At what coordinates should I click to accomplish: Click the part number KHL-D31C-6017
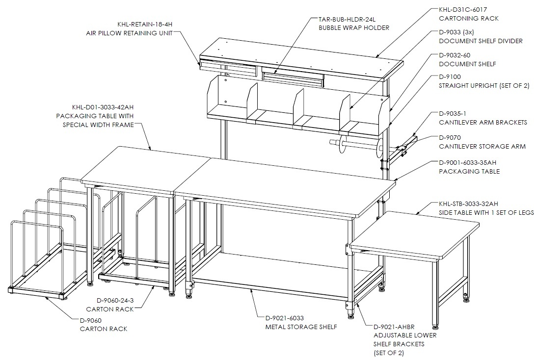tap(463, 10)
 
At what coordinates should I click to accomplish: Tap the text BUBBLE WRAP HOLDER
tap(354, 28)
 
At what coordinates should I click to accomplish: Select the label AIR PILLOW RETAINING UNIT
tap(129, 33)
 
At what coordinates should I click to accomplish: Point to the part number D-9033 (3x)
tap(456, 32)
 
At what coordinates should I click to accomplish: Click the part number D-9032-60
tap(455, 55)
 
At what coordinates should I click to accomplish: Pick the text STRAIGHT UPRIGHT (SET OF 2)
tap(484, 85)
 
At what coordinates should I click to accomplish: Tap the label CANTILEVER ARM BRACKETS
tap(483, 122)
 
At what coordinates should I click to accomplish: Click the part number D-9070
tap(450, 137)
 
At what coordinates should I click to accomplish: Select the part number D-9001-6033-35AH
tap(467, 162)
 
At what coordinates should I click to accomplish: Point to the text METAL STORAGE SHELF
tap(301, 327)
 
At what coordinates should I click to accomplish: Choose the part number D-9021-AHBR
tap(394, 327)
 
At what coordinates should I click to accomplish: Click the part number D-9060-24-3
tap(115, 301)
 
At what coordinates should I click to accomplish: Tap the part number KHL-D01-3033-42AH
tap(103, 107)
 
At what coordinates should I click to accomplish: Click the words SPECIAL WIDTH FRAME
tap(98, 125)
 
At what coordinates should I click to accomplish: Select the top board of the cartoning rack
tap(301, 58)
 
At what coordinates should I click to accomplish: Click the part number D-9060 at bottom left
tap(90, 321)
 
